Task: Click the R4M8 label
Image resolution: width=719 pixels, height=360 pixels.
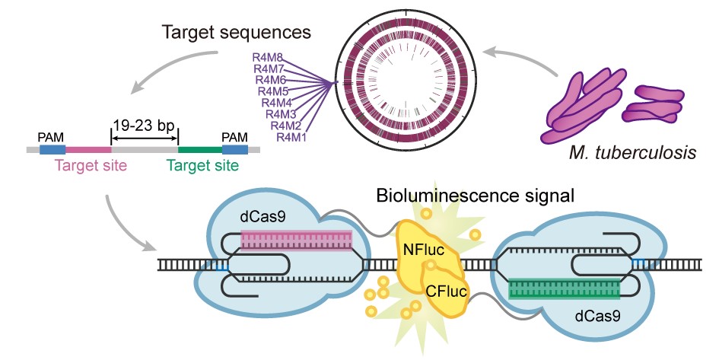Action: pyautogui.click(x=267, y=57)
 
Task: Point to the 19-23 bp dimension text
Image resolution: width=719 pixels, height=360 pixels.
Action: pyautogui.click(x=145, y=125)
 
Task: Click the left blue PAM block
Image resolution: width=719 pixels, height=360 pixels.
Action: pyautogui.click(x=52, y=149)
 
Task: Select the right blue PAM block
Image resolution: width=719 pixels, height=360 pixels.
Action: pyautogui.click(x=234, y=149)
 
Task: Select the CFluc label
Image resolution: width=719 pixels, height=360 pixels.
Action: pyautogui.click(x=447, y=289)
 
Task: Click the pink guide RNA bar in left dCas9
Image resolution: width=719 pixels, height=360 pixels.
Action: pyautogui.click(x=297, y=241)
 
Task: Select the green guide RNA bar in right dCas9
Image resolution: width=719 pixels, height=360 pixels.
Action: pyautogui.click(x=564, y=290)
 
